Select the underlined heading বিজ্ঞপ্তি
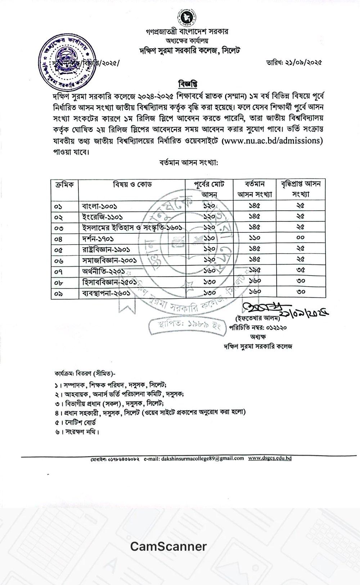pos(188,84)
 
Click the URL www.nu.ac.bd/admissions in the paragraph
pos(273,140)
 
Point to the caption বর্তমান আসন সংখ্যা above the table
pos(189,162)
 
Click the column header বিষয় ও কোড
pos(132,185)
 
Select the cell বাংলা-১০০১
pos(99,206)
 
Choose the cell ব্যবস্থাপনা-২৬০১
pos(106,293)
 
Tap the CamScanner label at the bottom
pos(168,546)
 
